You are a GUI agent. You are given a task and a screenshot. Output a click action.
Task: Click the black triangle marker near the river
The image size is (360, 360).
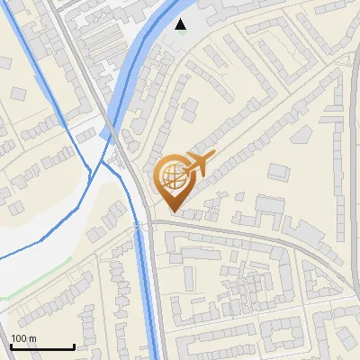pos(182,24)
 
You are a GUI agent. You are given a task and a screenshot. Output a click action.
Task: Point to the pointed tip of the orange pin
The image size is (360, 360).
pos(172,211)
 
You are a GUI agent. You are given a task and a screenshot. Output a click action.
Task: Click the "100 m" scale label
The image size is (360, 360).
pos(23,338)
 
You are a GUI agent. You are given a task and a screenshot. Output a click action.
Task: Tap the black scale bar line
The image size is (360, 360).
pos(41,347)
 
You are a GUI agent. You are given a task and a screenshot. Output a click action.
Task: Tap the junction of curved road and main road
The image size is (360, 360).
pos(148,222)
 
